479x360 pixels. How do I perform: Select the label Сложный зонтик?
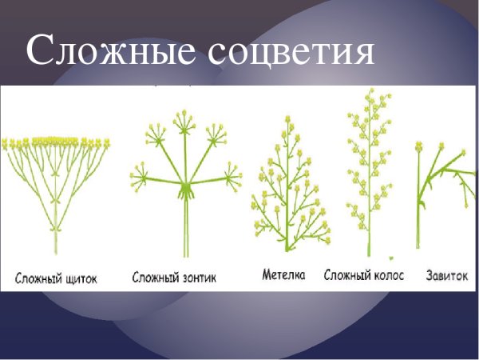(174, 278)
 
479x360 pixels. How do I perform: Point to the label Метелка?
(283, 275)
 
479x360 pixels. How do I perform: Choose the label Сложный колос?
(364, 275)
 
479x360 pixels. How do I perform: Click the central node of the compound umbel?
(187, 189)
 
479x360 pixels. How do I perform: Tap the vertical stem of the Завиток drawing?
(418, 208)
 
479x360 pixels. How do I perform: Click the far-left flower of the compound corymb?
(6, 144)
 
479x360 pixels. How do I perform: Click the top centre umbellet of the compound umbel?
(185, 120)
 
